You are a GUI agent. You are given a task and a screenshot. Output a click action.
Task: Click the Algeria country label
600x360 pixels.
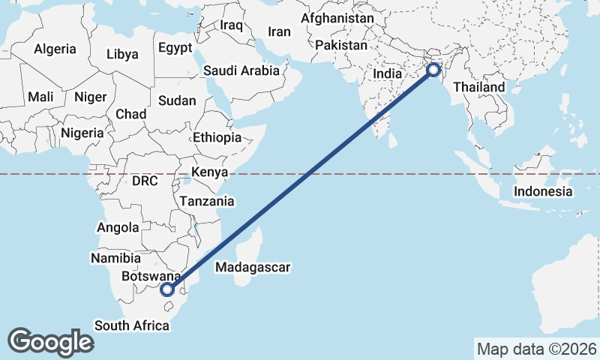click(x=55, y=49)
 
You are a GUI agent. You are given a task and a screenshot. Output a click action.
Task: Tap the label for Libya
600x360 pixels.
click(x=122, y=54)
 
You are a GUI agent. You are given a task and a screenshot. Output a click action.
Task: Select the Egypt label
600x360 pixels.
click(x=176, y=47)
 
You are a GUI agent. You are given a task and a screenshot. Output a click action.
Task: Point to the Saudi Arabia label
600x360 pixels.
click(x=241, y=70)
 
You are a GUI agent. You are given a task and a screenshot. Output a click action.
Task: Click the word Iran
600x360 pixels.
click(x=279, y=31)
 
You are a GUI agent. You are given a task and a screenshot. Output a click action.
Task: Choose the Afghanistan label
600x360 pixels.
click(x=337, y=18)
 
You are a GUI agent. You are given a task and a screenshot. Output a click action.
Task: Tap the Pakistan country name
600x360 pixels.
click(x=341, y=46)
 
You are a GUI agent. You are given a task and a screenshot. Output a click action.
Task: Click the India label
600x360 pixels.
click(x=388, y=74)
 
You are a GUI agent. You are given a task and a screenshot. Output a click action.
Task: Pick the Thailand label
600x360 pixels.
click(x=479, y=87)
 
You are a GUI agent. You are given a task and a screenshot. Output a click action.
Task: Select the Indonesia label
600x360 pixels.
click(x=543, y=191)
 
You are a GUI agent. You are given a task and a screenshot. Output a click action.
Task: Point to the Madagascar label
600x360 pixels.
click(x=252, y=267)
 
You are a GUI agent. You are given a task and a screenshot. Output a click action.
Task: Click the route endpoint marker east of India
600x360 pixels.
click(x=433, y=70)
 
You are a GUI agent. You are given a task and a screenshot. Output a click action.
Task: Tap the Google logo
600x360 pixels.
click(x=51, y=341)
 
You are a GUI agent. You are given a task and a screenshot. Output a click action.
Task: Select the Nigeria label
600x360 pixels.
click(x=82, y=133)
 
